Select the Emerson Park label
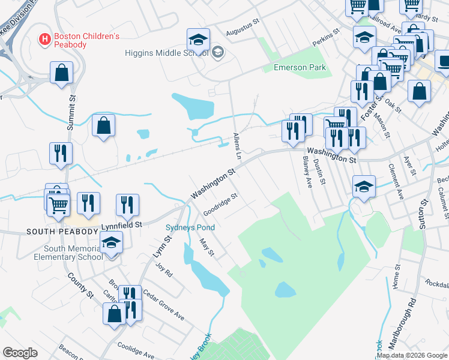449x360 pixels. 300,67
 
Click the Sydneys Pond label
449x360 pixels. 190,227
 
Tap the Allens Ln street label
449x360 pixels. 237,145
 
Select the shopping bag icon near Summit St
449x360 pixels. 62,73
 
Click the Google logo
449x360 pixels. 20,353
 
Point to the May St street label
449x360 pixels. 207,247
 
